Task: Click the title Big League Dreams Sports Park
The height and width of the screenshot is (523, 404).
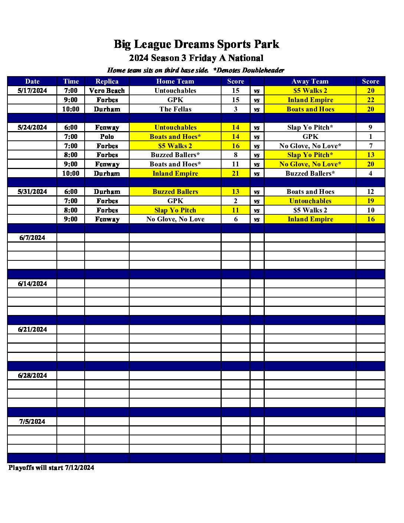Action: (x=196, y=44)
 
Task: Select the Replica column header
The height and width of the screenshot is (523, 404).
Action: (x=107, y=81)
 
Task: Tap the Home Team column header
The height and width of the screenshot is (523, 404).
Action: (x=175, y=81)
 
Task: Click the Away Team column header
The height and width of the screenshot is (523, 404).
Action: (x=310, y=81)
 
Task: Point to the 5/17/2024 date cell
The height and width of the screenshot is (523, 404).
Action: (x=32, y=91)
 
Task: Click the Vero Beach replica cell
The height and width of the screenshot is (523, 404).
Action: (x=107, y=91)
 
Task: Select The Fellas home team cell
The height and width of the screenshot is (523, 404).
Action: (x=175, y=109)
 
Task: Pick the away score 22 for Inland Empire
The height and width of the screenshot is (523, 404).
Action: (x=371, y=100)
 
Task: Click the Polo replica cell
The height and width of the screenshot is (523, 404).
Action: (x=107, y=137)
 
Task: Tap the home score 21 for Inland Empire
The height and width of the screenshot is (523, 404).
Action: (x=235, y=173)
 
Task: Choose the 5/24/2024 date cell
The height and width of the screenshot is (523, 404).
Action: (x=32, y=127)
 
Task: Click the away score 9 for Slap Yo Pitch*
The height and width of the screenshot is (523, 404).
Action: (x=371, y=127)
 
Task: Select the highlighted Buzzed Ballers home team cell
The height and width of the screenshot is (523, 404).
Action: (x=175, y=192)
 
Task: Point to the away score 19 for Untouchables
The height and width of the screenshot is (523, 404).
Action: (x=371, y=201)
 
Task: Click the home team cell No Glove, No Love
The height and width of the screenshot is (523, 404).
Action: (x=175, y=219)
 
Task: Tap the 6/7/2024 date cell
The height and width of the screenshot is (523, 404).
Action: (x=32, y=238)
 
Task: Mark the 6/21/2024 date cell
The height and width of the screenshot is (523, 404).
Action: (x=32, y=329)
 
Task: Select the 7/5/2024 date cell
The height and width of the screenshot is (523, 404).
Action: (x=32, y=422)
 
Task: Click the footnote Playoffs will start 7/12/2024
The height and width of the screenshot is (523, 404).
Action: (x=51, y=468)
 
